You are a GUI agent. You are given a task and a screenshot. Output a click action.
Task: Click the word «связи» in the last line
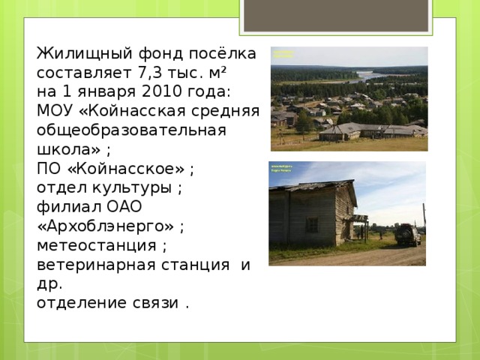point(154,301)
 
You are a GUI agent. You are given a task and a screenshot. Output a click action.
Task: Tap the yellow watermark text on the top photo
point(283,55)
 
